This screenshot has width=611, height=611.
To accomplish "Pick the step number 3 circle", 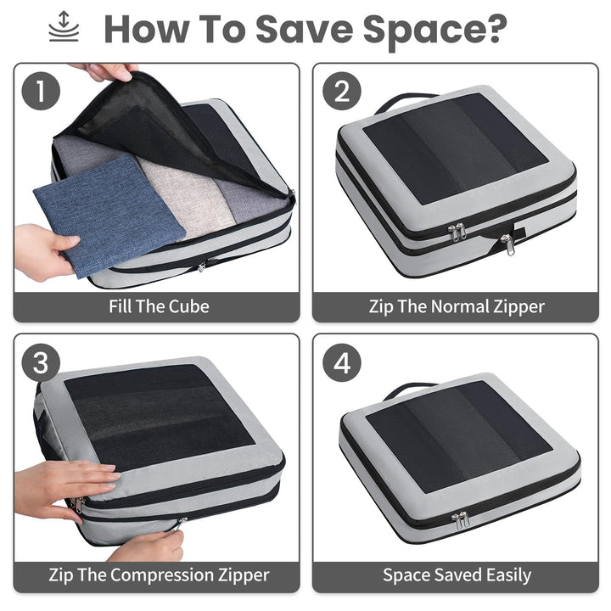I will pyautogui.click(x=40, y=364).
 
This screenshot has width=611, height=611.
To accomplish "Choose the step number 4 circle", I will pyautogui.click(x=341, y=364).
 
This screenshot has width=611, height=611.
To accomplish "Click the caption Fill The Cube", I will pyautogui.click(x=158, y=305).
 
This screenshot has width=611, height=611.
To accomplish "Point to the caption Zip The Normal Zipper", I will pyautogui.click(x=457, y=305).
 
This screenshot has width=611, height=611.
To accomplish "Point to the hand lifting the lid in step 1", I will pyautogui.click(x=106, y=71).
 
